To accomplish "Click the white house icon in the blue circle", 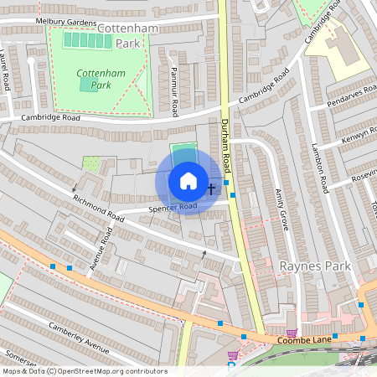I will pos(188,181).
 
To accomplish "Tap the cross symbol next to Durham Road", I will pos(210,188).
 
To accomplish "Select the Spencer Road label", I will pos(173,206).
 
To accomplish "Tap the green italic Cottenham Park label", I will pos(101,79).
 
